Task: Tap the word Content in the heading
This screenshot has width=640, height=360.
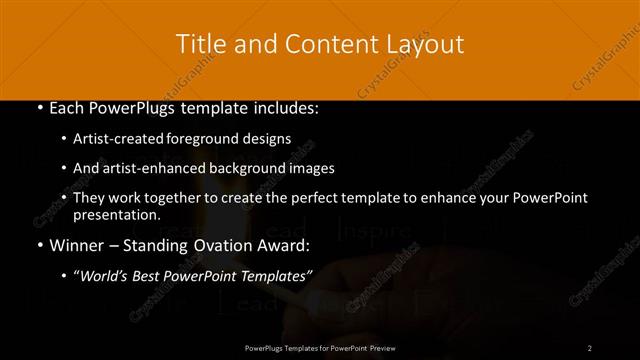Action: [x=320, y=44]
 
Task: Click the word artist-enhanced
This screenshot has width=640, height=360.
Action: [x=154, y=168]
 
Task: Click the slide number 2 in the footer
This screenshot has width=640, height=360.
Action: [x=590, y=347]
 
